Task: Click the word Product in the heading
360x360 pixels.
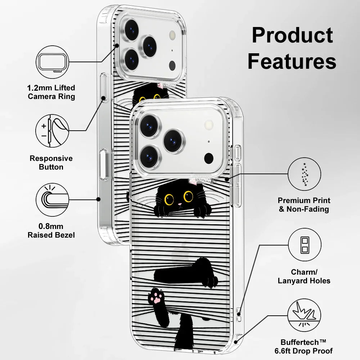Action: point(292,35)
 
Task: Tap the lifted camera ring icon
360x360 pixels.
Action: point(53,62)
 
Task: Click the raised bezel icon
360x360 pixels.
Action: point(53,199)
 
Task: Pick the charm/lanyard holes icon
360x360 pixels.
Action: point(305,245)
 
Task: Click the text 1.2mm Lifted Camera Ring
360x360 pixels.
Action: point(51,92)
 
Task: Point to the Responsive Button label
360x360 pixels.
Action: point(51,163)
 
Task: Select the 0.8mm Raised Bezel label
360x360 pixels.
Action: point(51,231)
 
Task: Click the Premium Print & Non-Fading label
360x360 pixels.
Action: point(304,204)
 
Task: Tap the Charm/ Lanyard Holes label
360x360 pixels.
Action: point(304,276)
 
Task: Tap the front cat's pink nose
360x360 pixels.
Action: point(179,205)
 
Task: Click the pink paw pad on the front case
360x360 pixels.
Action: point(156,298)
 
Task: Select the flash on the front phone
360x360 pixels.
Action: point(208,125)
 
